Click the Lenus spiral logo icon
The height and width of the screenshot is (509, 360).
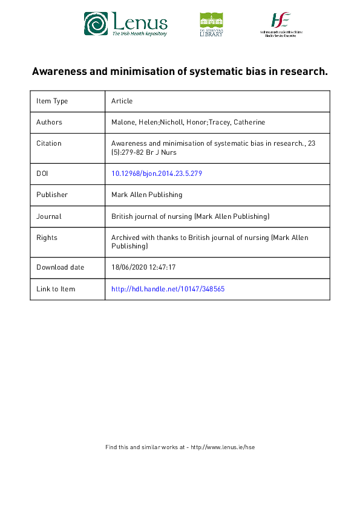[96, 24]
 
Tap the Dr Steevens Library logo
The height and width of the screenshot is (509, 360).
[211, 24]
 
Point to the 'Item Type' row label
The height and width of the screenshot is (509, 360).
[52, 101]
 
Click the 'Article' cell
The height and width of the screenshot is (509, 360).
[122, 101]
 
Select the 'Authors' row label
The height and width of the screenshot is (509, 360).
[49, 122]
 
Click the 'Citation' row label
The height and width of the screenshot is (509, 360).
[49, 143]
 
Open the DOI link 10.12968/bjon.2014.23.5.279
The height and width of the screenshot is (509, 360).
[156, 173]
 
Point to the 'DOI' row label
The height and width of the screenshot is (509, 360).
[42, 173]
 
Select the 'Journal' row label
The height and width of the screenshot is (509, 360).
[49, 216]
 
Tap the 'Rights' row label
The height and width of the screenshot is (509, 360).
[47, 238]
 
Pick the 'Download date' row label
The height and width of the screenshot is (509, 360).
[60, 267]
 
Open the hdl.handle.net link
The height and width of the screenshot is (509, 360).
[168, 289]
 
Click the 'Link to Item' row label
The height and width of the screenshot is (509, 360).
[56, 289]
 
